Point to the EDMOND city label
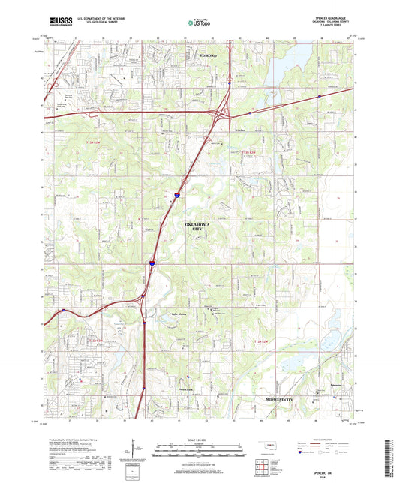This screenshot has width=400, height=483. coord(208,56)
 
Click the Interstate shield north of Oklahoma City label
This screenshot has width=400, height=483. coord(177,193)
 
